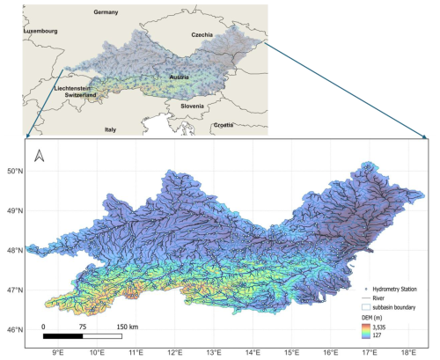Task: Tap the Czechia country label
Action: [x=207, y=34]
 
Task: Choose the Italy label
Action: [x=110, y=129]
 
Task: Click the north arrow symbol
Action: [x=40, y=158]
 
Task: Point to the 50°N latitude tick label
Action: [x=15, y=171]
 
